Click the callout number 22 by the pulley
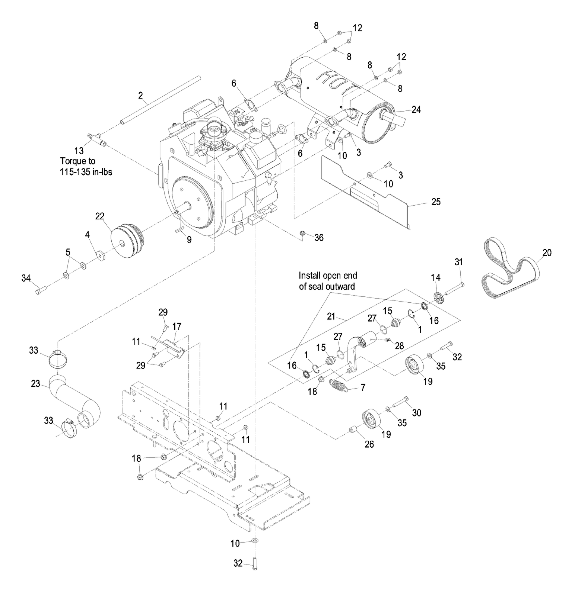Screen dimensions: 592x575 tap(99, 216)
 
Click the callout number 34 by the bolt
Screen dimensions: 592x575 tap(26, 278)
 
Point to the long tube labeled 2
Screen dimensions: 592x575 tap(160, 100)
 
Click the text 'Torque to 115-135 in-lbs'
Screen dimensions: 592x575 tap(86, 167)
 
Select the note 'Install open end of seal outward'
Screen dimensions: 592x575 tap(327, 281)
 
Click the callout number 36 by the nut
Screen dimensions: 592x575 tap(319, 237)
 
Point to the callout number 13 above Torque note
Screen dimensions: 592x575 tap(79, 151)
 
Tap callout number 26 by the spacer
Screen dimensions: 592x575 tap(369, 444)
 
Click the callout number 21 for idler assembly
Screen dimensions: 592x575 tap(331, 316)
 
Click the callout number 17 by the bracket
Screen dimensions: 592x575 tap(177, 326)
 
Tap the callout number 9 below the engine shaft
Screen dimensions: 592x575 tap(189, 240)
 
